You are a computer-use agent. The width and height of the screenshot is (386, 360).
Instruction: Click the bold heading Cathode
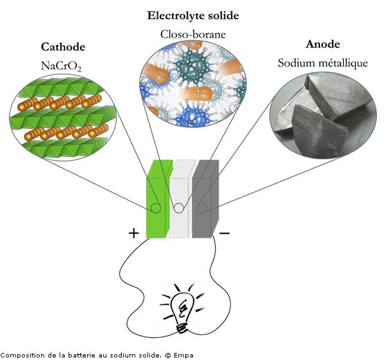point(63,47)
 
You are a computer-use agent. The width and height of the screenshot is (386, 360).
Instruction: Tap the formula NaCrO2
point(63,64)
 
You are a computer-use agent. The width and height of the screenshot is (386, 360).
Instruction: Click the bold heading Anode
point(322,45)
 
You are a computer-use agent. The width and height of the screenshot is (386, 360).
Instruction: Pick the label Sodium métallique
point(322,63)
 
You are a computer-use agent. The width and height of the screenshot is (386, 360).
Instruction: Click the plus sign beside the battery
point(133,233)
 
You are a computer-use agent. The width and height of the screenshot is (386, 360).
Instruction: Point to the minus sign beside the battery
point(224,233)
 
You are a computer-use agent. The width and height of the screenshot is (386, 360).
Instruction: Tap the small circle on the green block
point(155,208)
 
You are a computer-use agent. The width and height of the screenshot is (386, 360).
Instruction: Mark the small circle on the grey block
point(201,208)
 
